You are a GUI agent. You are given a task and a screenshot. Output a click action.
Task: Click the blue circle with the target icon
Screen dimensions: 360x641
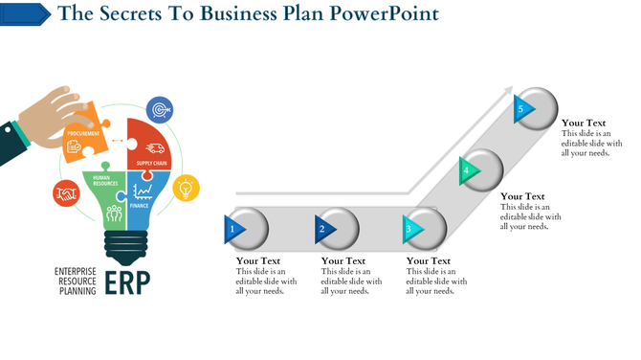point(160,109)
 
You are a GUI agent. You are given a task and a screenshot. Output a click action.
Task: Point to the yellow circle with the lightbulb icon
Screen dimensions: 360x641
point(186,188)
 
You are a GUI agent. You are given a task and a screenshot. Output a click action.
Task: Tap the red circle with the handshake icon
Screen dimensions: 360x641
point(65,194)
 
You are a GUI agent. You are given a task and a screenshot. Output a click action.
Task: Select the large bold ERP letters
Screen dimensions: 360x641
point(125,283)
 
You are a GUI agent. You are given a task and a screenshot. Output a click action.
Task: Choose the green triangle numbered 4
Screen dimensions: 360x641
point(467,170)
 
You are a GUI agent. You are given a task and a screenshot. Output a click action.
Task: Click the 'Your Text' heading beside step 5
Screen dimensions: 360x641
point(584,123)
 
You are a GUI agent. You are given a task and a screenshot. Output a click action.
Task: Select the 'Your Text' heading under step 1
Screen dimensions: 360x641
point(258,260)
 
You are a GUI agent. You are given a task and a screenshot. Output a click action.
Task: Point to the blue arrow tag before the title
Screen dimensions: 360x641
point(26,13)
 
